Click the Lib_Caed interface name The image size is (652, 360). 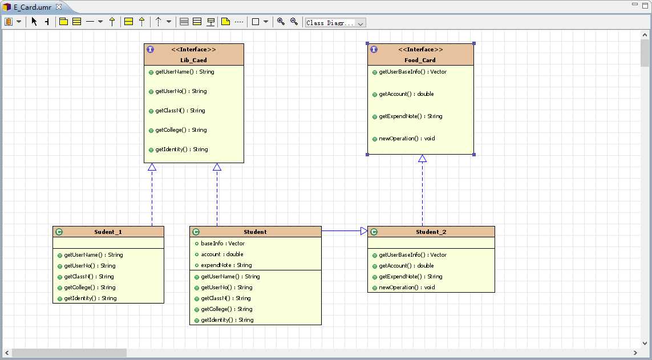(x=193, y=60)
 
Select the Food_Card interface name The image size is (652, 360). (x=420, y=60)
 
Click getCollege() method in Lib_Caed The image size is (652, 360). (x=181, y=130)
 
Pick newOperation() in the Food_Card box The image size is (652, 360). (x=407, y=139)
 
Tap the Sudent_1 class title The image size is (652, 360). (x=108, y=232)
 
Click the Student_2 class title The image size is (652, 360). (x=431, y=232)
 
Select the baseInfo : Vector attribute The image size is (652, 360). (x=223, y=244)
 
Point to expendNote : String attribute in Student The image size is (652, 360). (x=226, y=265)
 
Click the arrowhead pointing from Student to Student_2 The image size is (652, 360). (x=364, y=230)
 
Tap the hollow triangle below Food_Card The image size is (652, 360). (x=423, y=159)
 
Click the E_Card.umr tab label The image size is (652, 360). (x=33, y=7)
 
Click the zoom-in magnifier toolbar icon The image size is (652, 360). (x=281, y=22)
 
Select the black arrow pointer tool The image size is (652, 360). (x=34, y=22)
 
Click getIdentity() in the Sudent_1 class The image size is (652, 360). (x=90, y=298)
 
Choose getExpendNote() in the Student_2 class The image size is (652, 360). (x=410, y=277)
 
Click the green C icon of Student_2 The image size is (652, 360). (x=374, y=232)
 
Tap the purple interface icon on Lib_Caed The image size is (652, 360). (x=150, y=50)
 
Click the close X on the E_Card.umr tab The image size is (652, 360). (x=59, y=7)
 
